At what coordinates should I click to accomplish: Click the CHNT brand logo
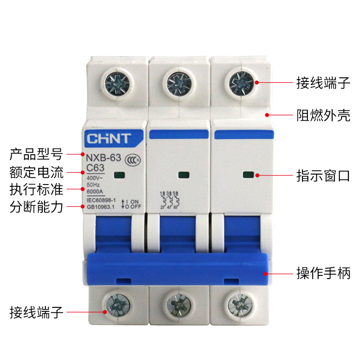[108, 138]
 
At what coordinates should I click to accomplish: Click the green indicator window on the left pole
[119, 175]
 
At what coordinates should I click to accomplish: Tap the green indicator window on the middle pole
[183, 175]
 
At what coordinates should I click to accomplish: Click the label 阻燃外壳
[323, 115]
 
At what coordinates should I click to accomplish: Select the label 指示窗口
[323, 175]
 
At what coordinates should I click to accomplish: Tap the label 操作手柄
[323, 273]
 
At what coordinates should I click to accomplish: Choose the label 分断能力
[36, 207]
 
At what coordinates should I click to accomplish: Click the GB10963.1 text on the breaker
[101, 207]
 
